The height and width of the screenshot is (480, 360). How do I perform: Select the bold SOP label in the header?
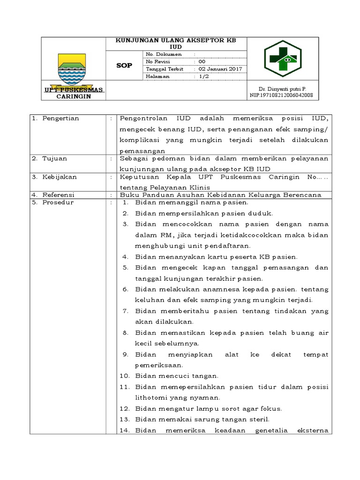124,66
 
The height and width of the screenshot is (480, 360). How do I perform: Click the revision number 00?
202,61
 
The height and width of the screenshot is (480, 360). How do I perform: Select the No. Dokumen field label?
164,54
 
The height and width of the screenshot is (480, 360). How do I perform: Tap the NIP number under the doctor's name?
282,95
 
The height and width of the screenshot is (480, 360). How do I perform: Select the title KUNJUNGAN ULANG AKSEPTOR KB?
176,40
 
